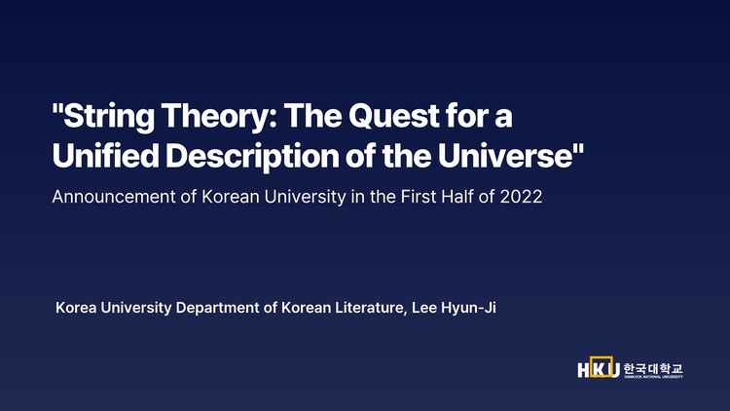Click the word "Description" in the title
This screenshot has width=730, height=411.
pyautogui.click(x=247, y=156)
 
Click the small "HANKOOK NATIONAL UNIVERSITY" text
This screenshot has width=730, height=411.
pyautogui.click(x=653, y=377)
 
